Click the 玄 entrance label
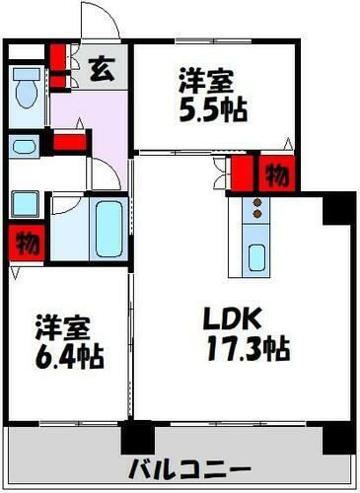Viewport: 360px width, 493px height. point(101,70)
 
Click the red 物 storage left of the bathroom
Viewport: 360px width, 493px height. point(25,241)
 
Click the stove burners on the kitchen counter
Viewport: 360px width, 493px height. point(256,209)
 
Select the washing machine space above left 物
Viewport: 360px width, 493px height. point(25,204)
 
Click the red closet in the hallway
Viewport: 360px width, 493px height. point(69,141)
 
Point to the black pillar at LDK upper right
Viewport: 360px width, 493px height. point(337,206)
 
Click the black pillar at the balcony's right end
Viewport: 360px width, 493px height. point(338,436)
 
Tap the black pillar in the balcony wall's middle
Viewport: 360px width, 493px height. point(139,436)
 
